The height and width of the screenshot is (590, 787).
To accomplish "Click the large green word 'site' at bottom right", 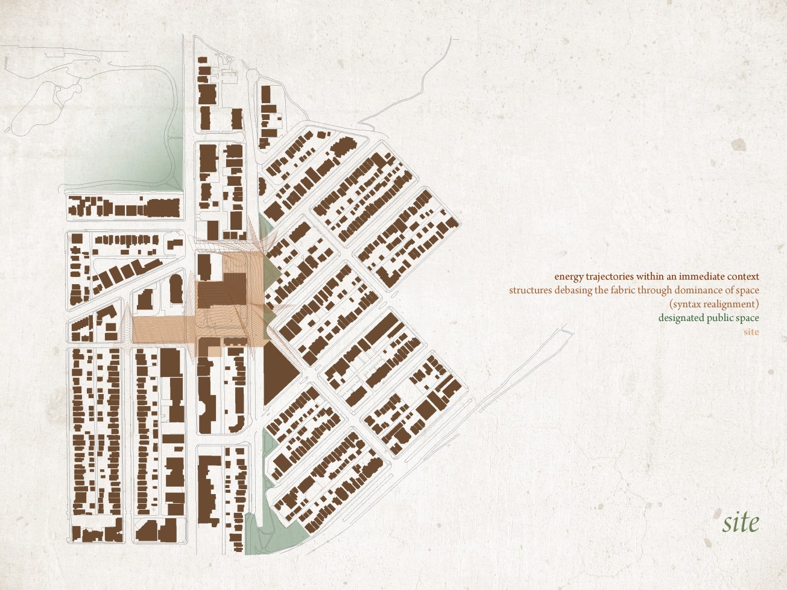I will [741, 522].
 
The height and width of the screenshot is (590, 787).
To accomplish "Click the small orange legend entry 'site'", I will [751, 332].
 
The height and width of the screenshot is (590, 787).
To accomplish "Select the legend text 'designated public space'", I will [709, 318].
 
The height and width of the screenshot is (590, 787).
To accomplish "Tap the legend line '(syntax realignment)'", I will [714, 304].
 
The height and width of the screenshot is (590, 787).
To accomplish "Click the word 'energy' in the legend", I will [569, 277].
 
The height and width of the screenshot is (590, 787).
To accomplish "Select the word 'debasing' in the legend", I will [572, 290].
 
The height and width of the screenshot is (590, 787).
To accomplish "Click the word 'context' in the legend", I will [743, 276].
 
